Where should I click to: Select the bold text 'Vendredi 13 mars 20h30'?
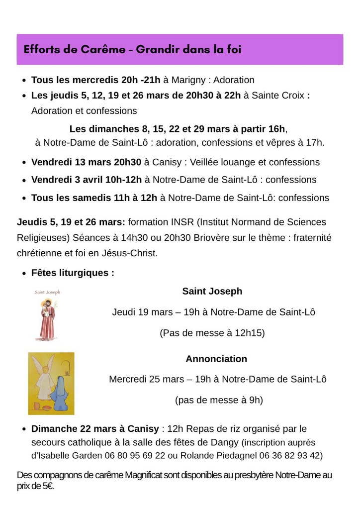pos(86,162)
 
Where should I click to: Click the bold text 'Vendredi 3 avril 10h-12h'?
pos(87,180)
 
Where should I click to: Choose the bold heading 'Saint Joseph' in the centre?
pos(212,291)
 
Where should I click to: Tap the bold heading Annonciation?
pos(216,359)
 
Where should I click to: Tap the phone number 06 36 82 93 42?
pos(291,455)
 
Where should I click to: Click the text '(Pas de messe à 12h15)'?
pos(212,333)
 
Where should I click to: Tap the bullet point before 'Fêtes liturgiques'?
pos(24,273)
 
